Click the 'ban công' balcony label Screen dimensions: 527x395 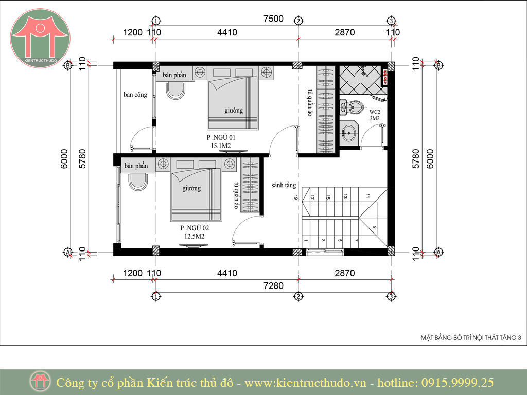[135, 95]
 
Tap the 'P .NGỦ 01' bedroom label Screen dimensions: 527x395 [221, 137]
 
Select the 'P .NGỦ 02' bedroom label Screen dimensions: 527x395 [194, 228]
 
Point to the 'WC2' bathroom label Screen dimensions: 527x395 [375, 112]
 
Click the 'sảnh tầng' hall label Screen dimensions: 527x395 [284, 185]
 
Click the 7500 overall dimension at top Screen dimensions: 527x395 [273, 19]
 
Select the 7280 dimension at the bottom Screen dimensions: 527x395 [273, 286]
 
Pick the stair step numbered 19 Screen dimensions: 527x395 [296, 198]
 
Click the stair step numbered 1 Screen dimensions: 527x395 [306, 240]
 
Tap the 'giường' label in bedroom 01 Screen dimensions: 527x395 [234, 111]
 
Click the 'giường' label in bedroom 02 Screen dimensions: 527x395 [191, 188]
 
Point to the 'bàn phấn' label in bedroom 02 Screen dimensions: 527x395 [136, 166]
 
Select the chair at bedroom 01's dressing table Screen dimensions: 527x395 [175, 91]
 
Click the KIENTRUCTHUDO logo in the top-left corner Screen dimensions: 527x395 [40, 38]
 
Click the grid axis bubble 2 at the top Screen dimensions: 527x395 [298, 21]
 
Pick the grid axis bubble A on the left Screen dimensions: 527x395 [68, 252]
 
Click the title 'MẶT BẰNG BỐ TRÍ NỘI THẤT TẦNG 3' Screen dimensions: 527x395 [470, 337]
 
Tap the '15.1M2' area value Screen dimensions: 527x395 [221, 146]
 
